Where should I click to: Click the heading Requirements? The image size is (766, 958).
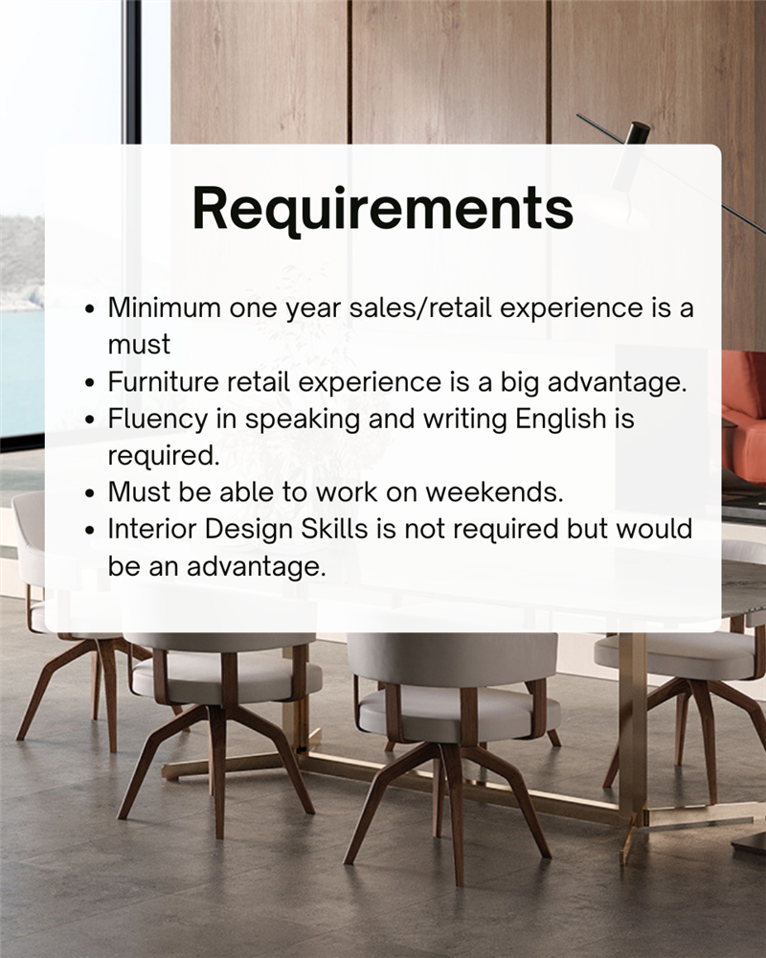point(383,209)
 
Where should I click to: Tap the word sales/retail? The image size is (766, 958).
point(420,308)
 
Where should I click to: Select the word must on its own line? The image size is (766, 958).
point(139,345)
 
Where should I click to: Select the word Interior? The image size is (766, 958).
point(151,529)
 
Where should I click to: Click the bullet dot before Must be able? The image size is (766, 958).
point(90,493)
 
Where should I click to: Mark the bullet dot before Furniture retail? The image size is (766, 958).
point(90,383)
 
